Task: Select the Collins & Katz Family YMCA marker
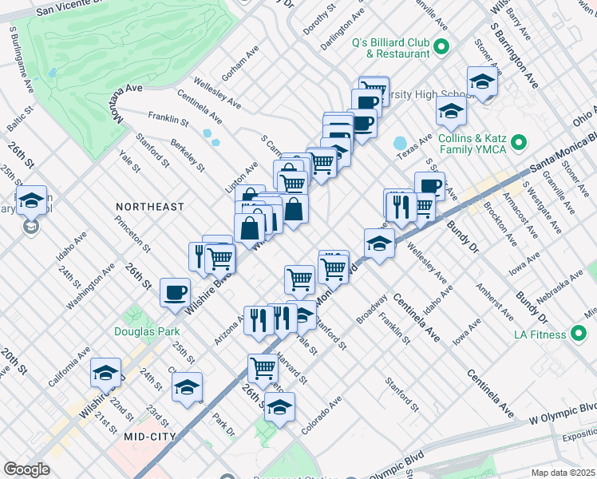[x=520, y=144]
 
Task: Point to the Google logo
[x=26, y=469]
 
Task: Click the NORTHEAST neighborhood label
[x=149, y=207]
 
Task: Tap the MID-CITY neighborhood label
[x=149, y=437]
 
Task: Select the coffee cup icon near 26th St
[x=176, y=292]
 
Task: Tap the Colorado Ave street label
[x=321, y=416]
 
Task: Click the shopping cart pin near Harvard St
[x=263, y=368]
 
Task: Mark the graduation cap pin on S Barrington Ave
[x=482, y=82]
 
